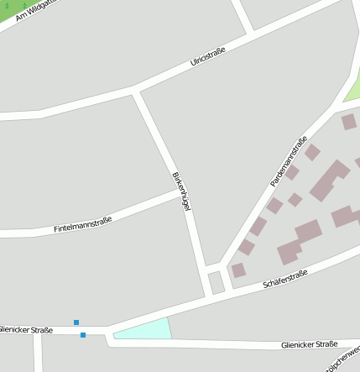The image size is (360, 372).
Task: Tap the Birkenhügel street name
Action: coord(182,192)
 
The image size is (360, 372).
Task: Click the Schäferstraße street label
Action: coord(285,279)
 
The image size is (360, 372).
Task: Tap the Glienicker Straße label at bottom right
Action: coord(310,343)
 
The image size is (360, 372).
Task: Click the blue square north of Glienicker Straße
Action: coord(76,322)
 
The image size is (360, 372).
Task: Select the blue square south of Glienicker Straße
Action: coord(83,336)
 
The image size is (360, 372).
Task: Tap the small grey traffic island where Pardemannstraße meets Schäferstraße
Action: coord(216,283)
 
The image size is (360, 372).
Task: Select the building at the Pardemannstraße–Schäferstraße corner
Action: coord(238,270)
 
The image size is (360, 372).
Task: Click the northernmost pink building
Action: coord(348,122)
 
